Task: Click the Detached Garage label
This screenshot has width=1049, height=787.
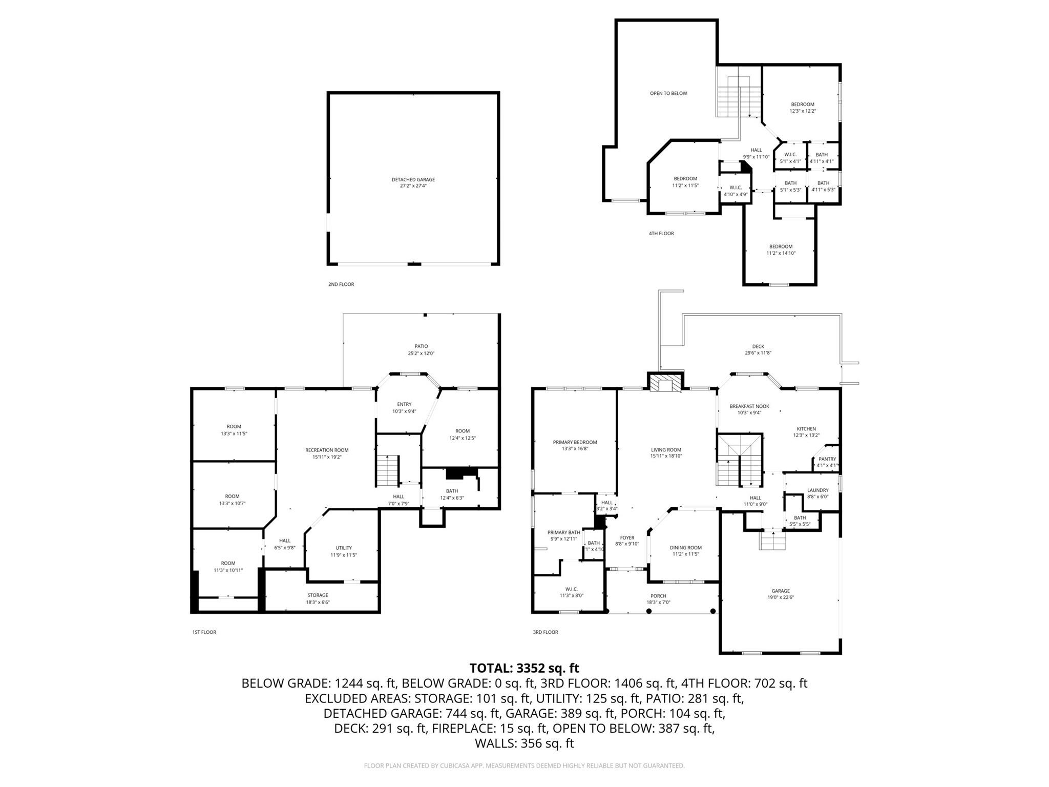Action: [x=413, y=180]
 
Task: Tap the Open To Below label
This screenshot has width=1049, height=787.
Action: [x=668, y=93]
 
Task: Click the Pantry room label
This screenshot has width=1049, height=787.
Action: [x=827, y=459]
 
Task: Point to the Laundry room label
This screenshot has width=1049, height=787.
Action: [x=817, y=490]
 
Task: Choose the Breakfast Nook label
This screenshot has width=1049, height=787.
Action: [x=749, y=406]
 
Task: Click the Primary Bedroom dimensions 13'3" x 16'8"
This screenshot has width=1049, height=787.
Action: [x=575, y=449]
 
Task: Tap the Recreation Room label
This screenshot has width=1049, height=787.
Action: [x=327, y=450]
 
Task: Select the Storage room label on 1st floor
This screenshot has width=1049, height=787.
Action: [x=318, y=595]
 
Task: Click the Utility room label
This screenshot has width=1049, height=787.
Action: [x=344, y=548]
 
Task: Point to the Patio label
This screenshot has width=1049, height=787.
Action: [x=421, y=346]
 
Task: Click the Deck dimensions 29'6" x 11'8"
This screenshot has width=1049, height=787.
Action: [x=758, y=353]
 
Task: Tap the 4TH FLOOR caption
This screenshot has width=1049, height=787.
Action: [x=661, y=234]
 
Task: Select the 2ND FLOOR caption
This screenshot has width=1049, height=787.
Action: [x=341, y=284]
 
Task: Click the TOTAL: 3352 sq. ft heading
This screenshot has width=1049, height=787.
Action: [x=524, y=668]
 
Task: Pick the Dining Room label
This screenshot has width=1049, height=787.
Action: [x=685, y=548]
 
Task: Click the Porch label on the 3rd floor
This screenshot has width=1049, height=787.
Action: [x=658, y=596]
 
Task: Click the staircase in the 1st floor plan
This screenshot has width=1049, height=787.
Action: [x=387, y=470]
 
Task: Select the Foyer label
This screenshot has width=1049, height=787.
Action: [x=627, y=538]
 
